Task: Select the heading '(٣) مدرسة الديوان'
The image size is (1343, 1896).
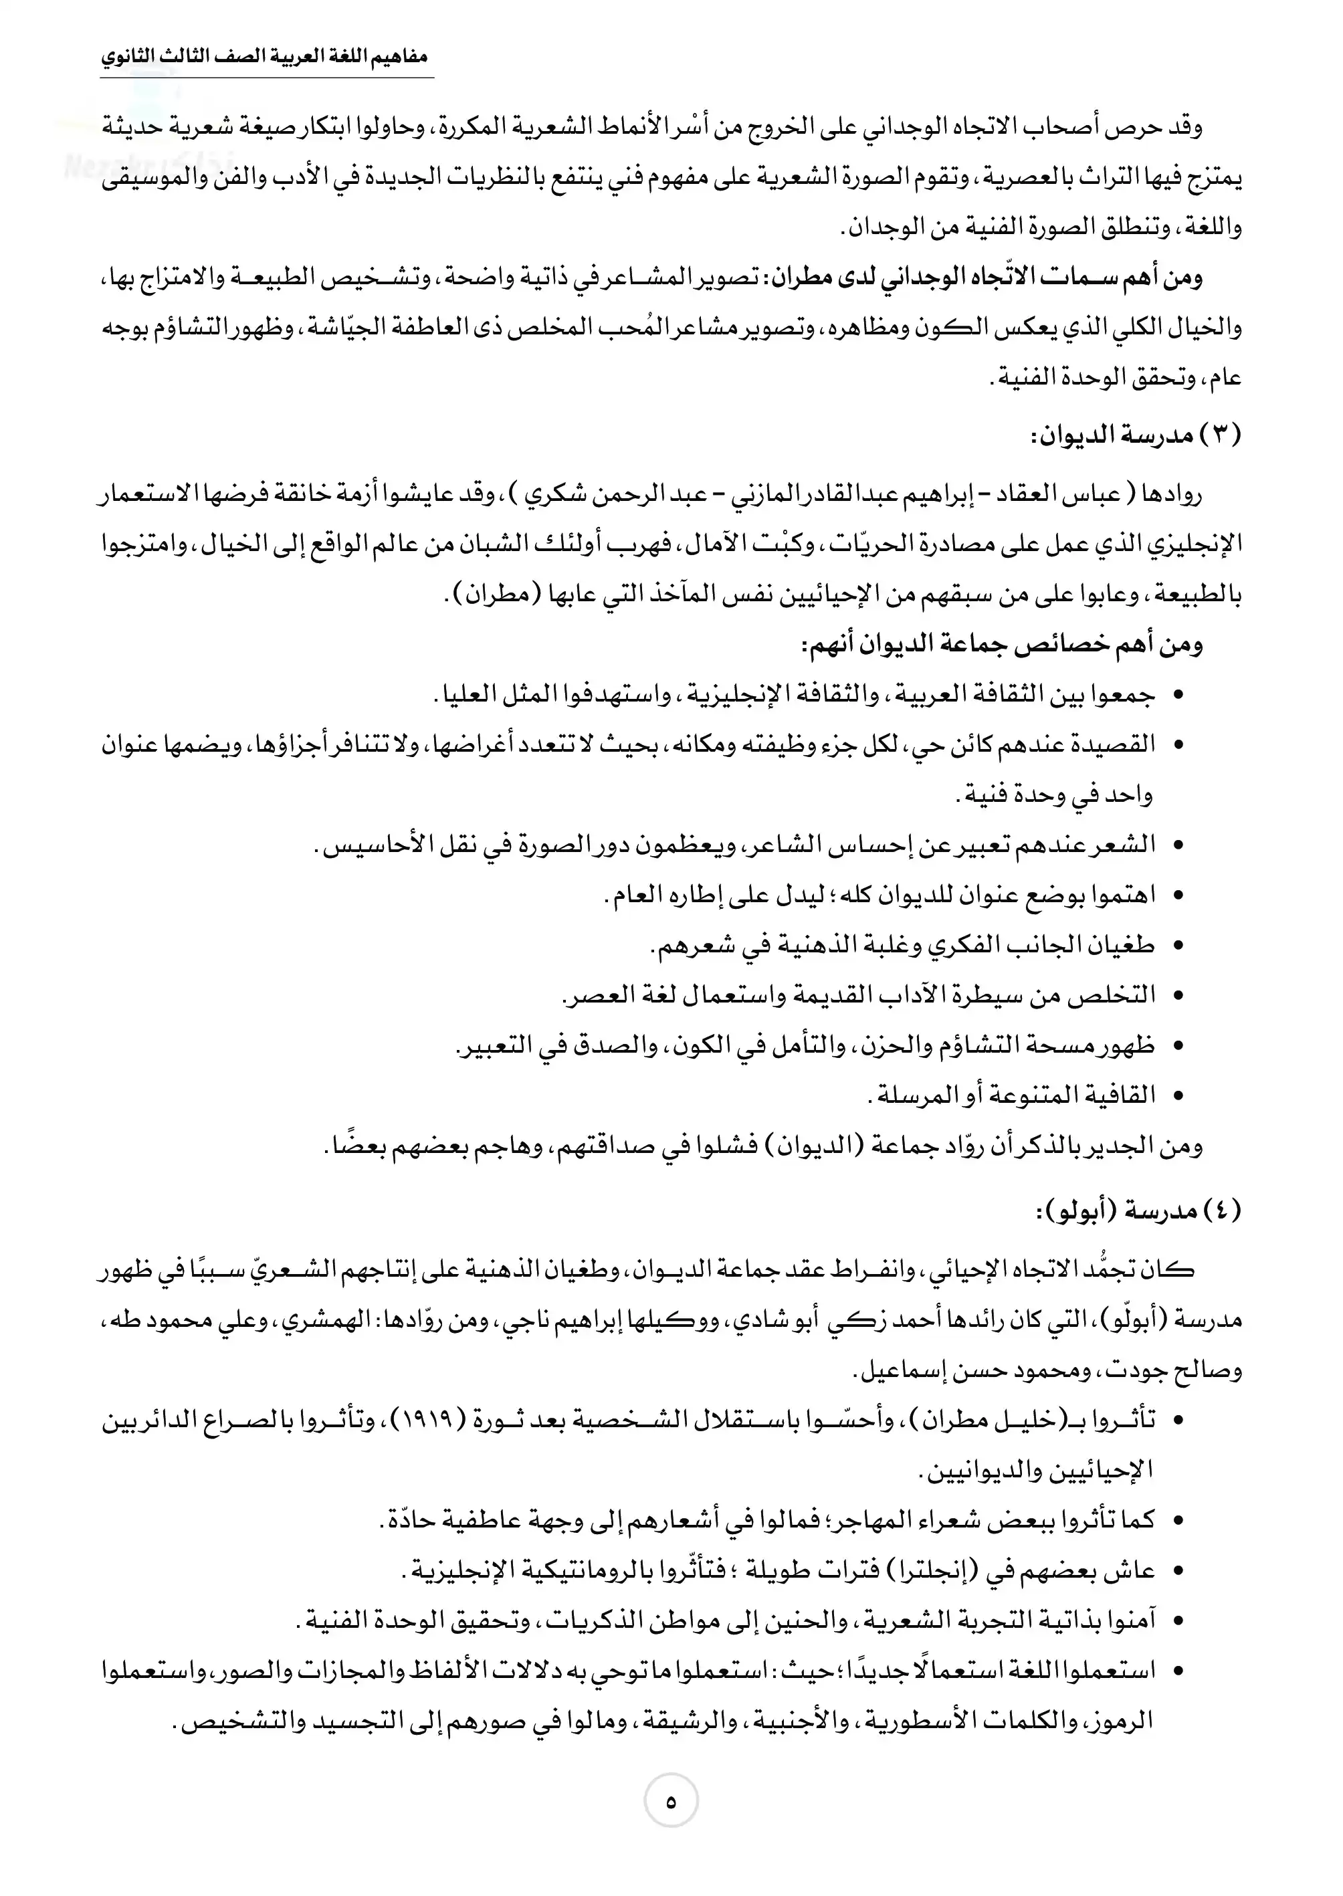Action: point(1136,437)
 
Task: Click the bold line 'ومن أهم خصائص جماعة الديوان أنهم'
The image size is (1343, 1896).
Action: point(1001,644)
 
